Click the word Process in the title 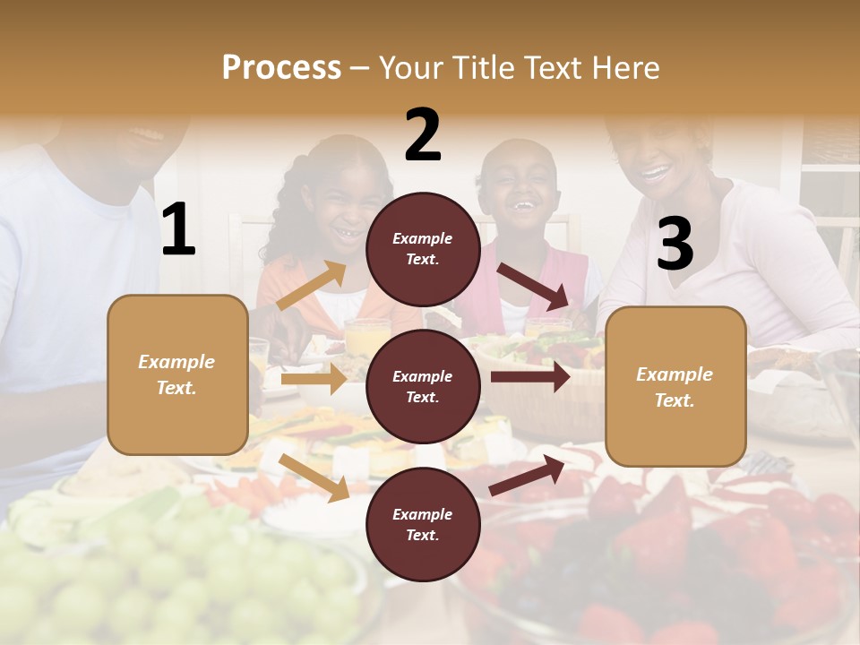tap(281, 67)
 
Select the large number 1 tap(178, 230)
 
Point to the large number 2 tap(423, 135)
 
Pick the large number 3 tap(675, 244)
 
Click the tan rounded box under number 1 tap(177, 374)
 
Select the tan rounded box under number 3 tap(675, 386)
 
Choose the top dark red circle tap(423, 249)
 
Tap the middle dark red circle tap(423, 386)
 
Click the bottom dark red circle tap(423, 524)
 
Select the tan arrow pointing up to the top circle tap(312, 286)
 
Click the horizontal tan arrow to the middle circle tap(314, 379)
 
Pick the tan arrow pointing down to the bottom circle tap(314, 477)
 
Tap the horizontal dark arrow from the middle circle tap(530, 377)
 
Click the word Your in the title tap(411, 67)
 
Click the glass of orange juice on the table tap(367, 337)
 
